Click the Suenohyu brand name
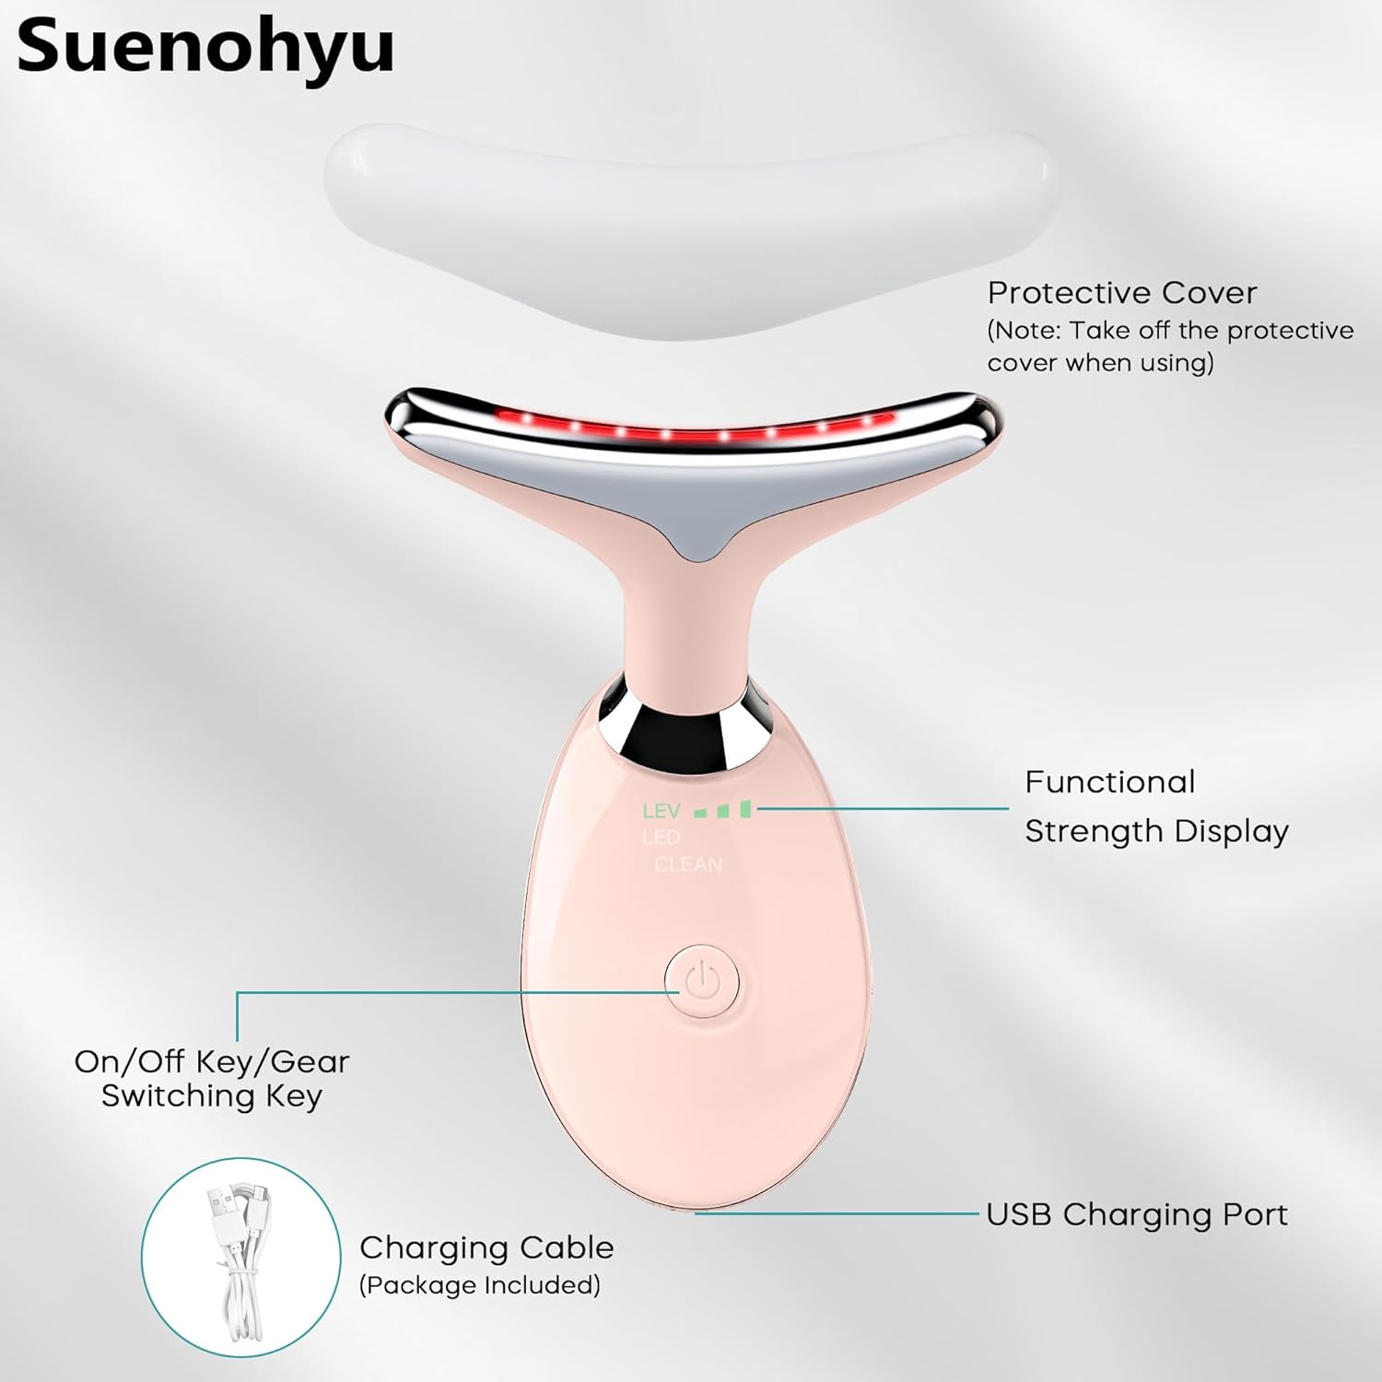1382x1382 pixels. tap(205, 46)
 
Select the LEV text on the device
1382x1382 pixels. tap(662, 812)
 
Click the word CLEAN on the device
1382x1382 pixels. tap(688, 864)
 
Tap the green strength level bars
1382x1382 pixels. tap(724, 810)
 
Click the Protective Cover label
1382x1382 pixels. tap(1121, 293)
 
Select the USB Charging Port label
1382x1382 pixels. tap(1136, 1214)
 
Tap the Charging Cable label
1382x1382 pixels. tap(486, 1247)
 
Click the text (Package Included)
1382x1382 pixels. tap(479, 1285)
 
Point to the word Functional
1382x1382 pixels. tap(1110, 782)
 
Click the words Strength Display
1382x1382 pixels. tap(1156, 831)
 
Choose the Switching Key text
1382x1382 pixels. tap(211, 1095)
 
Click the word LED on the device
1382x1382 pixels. tap(662, 837)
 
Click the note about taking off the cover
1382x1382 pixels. tap(1170, 346)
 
